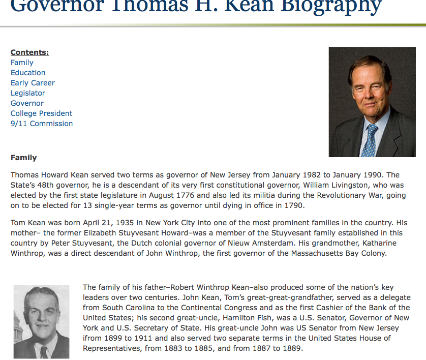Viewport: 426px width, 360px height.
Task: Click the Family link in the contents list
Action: pyautogui.click(x=22, y=63)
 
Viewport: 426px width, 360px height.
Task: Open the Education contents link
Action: pyautogui.click(x=28, y=73)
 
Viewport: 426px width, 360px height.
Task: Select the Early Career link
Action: pyautogui.click(x=33, y=83)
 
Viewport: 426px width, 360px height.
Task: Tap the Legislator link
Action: pyautogui.click(x=28, y=93)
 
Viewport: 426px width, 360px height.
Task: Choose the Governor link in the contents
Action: pyautogui.click(x=27, y=103)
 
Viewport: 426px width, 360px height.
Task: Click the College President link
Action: pyautogui.click(x=41, y=113)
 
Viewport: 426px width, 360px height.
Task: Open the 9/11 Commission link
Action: pyautogui.click(x=42, y=124)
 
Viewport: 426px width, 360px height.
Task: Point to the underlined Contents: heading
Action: pyautogui.click(x=29, y=52)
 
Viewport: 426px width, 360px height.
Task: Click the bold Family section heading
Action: pyautogui.click(x=23, y=158)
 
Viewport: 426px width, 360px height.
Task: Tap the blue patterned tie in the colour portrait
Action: pyautogui.click(x=371, y=139)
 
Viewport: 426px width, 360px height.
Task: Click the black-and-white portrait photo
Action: pyautogui.click(x=41, y=321)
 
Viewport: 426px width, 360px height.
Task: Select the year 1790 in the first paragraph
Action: pyautogui.click(x=293, y=205)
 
